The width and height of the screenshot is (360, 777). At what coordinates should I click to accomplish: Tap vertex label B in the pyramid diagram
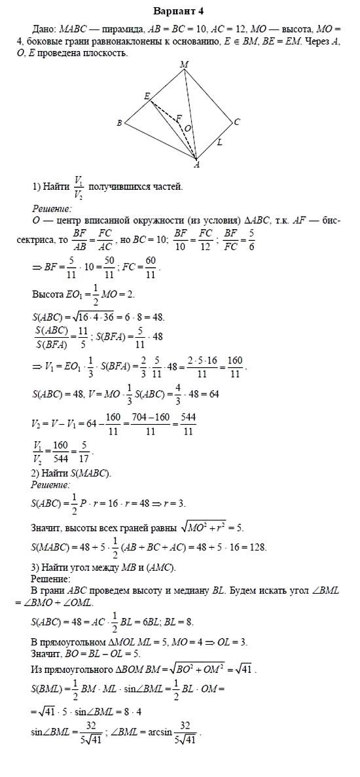click(119, 122)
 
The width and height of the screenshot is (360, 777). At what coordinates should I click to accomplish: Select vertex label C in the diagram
click(236, 121)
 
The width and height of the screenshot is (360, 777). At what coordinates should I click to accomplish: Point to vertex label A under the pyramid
click(196, 165)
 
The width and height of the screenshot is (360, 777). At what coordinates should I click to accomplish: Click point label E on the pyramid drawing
click(147, 96)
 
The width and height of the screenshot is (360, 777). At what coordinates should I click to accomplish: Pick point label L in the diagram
click(219, 141)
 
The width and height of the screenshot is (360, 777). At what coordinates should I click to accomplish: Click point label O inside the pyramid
click(188, 129)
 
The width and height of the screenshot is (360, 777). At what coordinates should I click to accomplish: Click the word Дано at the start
click(44, 29)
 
